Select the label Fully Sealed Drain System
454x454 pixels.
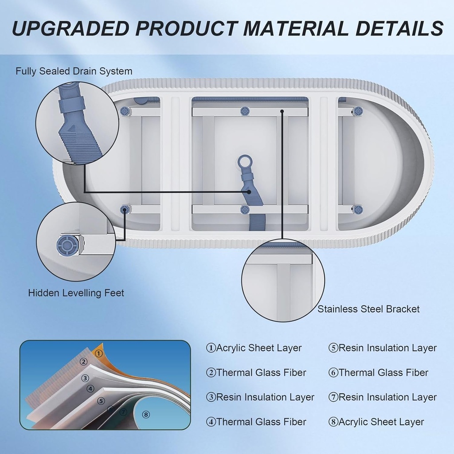tap(74, 71)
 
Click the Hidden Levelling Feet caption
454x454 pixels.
tap(76, 293)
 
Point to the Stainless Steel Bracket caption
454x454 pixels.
tap(368, 309)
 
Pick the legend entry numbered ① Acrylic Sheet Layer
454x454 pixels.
tap(254, 348)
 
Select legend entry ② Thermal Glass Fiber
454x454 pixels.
tap(256, 373)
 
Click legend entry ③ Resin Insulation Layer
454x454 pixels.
tap(260, 397)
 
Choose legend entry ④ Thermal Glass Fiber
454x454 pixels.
tap(256, 422)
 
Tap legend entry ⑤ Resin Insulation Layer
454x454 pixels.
tap(382, 348)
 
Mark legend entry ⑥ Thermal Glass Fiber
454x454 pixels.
tap(378, 373)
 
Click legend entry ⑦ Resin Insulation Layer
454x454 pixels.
tap(382, 397)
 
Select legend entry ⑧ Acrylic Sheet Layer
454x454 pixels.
tap(376, 422)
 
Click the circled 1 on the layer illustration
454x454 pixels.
tap(99, 353)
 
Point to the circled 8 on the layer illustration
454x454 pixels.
tap(146, 415)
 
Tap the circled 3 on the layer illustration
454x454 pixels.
tap(86, 378)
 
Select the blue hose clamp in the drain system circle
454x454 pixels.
tap(71, 106)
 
